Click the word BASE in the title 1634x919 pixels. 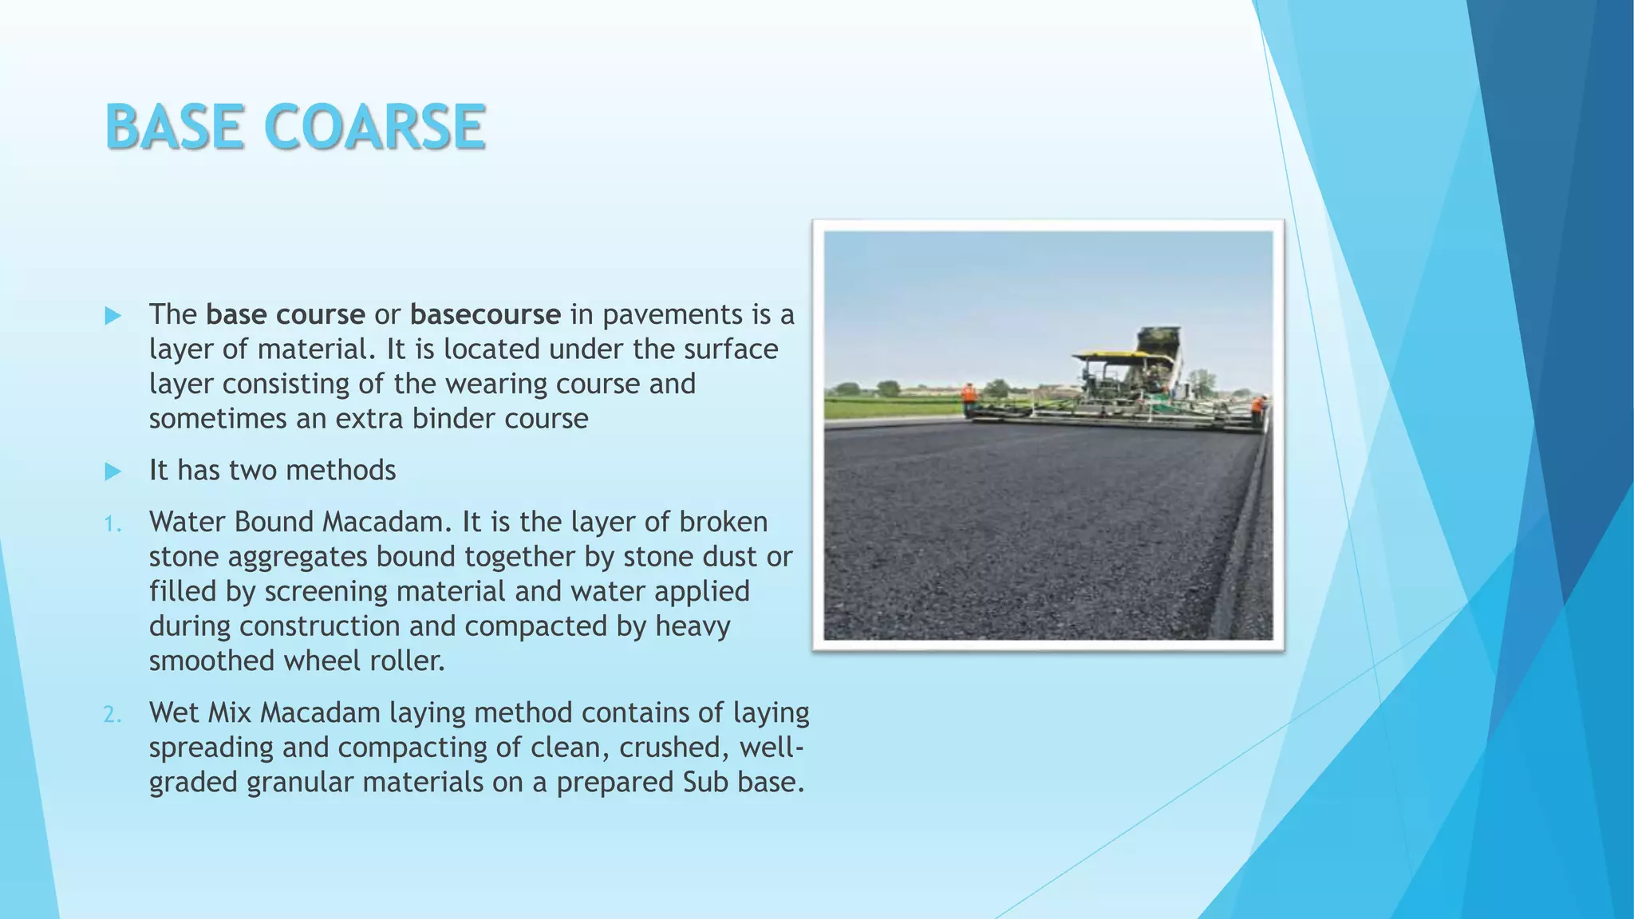(x=174, y=127)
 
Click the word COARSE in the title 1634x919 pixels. (x=373, y=127)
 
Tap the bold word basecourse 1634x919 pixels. (x=485, y=314)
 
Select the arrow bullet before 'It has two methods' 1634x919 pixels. (x=112, y=471)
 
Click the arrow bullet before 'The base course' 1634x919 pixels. (x=112, y=316)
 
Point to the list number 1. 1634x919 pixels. (x=112, y=524)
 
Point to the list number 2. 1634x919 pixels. (x=112, y=715)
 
